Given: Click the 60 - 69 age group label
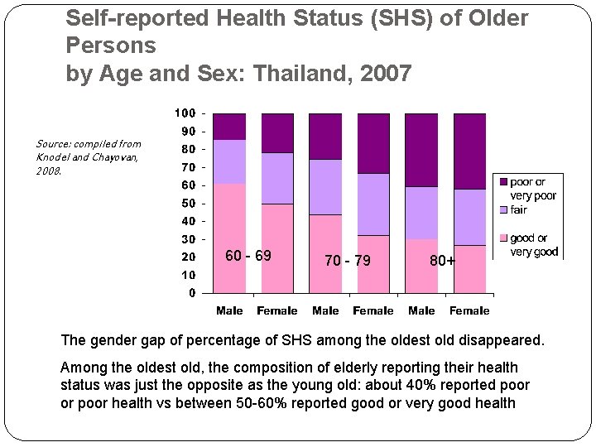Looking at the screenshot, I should coord(248,255).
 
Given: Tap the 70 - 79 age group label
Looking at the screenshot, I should coord(348,261).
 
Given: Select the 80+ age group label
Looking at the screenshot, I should coord(442,261).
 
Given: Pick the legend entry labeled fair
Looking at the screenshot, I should coord(518,210).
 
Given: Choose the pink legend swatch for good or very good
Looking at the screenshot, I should coord(502,238).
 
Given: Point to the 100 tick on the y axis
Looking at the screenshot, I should coord(185,113).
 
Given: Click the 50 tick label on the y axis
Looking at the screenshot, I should coord(188,203).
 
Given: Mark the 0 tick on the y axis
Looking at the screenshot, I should coord(192,292).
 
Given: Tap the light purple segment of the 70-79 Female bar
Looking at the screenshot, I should coord(373,204).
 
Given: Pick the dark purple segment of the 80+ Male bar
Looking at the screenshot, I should coord(421,149).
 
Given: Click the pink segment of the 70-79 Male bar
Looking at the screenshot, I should coord(325,253).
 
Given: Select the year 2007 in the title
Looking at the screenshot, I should coord(387,74).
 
